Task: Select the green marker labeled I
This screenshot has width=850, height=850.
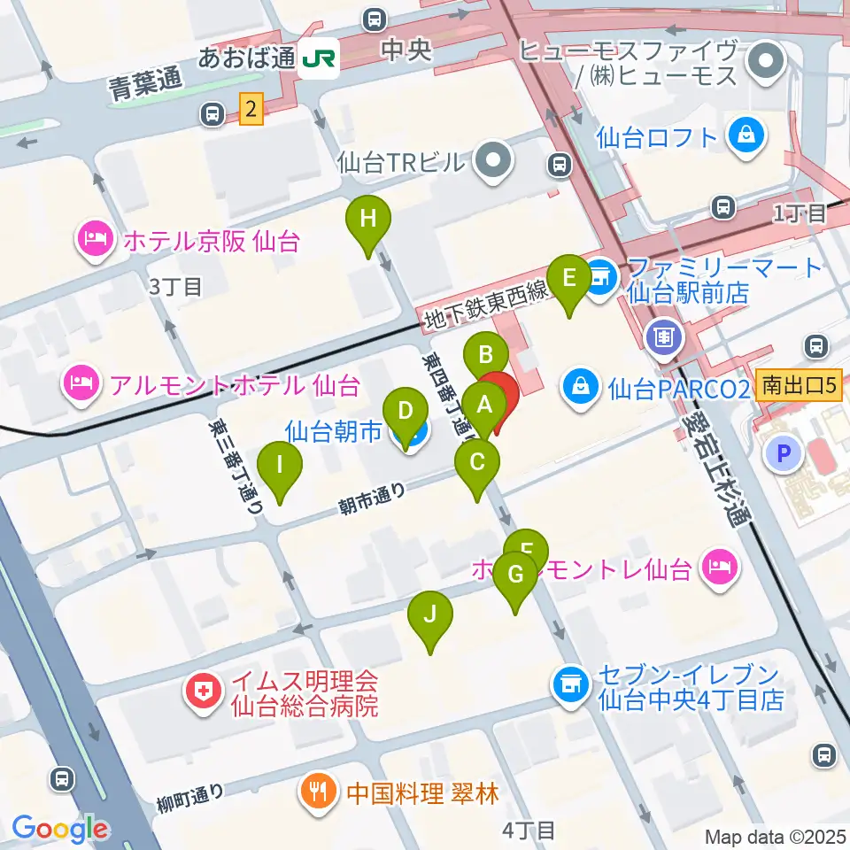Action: (280, 465)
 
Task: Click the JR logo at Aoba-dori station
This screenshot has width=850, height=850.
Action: (318, 59)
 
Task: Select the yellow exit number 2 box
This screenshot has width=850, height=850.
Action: (252, 110)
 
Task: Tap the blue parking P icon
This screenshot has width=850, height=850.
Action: (784, 455)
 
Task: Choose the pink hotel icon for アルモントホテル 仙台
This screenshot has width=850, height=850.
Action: (81, 384)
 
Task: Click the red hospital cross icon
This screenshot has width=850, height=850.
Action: (202, 693)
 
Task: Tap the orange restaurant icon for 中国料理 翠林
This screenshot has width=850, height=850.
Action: (316, 789)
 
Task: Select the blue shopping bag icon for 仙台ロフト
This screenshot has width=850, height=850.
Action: (745, 136)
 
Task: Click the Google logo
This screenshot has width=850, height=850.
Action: (59, 829)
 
